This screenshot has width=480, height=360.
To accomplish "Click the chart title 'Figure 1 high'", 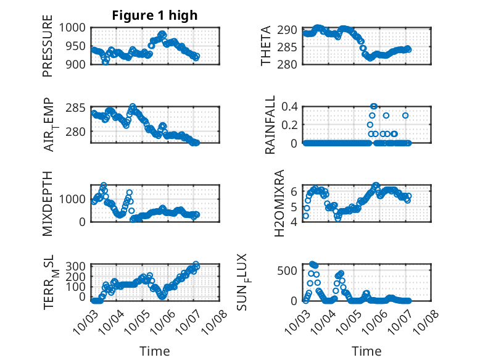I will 154,15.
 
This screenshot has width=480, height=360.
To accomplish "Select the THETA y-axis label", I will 266,46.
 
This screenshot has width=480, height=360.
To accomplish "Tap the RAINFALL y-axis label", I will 270,125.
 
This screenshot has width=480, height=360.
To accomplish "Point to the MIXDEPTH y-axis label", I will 48,203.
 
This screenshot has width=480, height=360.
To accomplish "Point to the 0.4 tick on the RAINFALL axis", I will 291,106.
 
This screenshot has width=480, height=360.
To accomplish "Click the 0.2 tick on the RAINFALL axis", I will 291,125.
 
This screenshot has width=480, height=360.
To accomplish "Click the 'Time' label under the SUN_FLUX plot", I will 366,351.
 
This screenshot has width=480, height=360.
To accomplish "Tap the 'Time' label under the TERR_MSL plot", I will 155,351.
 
